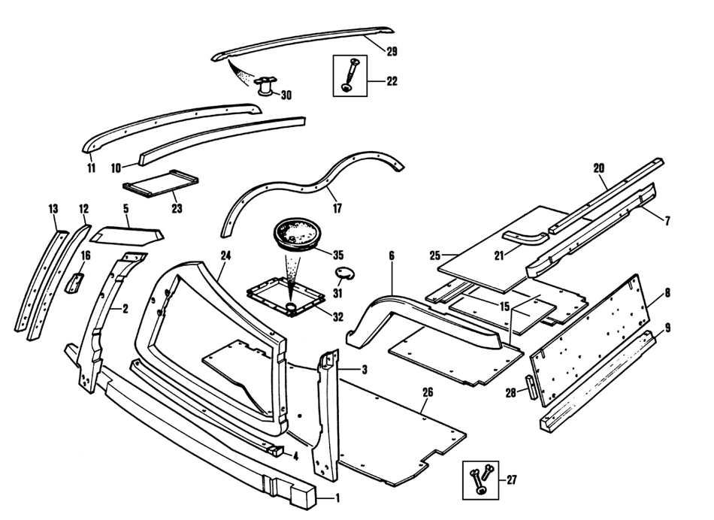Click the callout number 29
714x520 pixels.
pyautogui.click(x=392, y=52)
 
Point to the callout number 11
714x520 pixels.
pyautogui.click(x=91, y=167)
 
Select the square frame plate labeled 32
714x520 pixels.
pyautogui.click(x=289, y=297)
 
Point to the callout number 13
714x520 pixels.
pyautogui.click(x=53, y=207)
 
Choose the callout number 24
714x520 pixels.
pyautogui.click(x=225, y=255)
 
